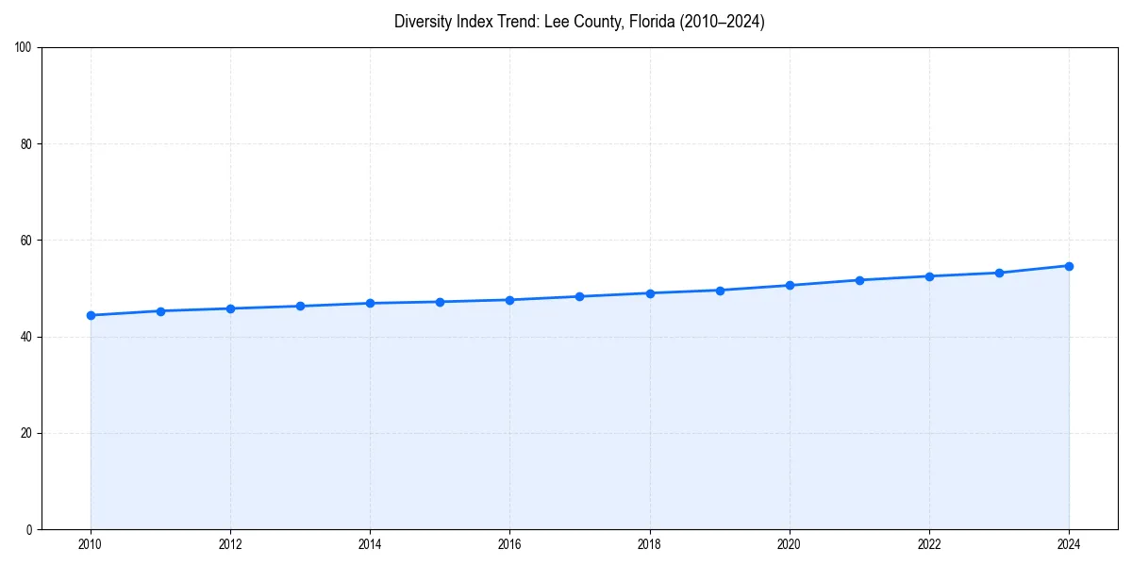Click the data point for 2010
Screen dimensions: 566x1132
(x=91, y=315)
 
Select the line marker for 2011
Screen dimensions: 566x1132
(x=160, y=311)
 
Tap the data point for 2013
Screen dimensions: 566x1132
(x=300, y=306)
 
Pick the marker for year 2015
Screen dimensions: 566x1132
(x=440, y=302)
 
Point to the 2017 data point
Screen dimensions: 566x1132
(x=579, y=296)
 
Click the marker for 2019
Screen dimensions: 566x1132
(x=720, y=291)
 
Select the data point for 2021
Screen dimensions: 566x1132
(x=859, y=280)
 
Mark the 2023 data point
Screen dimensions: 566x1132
(x=999, y=273)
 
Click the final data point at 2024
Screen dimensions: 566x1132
(x=1069, y=266)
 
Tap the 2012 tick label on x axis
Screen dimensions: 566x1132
(x=230, y=544)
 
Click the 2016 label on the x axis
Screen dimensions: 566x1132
(x=509, y=544)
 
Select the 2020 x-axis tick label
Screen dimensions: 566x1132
(x=790, y=544)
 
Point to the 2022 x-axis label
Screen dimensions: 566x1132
(x=929, y=544)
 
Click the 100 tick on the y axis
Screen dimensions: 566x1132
(x=24, y=48)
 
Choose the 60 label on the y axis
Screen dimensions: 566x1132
(x=26, y=241)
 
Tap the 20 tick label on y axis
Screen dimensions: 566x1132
(x=26, y=433)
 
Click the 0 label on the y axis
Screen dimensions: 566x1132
(x=29, y=529)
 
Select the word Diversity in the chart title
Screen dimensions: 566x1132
(x=424, y=22)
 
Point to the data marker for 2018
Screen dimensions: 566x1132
(x=650, y=293)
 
